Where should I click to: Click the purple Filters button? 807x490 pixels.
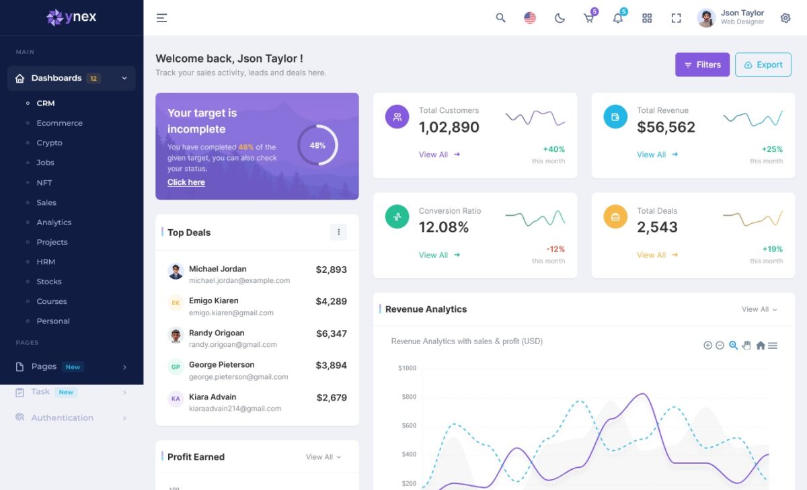point(702,65)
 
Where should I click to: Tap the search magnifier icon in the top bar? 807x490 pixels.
point(500,18)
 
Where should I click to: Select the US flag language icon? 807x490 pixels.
point(530,18)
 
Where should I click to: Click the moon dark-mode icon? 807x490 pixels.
point(560,18)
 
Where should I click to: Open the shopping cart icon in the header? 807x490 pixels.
point(588,18)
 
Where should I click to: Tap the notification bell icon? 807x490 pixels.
point(617,18)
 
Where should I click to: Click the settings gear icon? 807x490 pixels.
point(785,18)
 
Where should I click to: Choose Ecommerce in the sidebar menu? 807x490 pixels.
point(59,123)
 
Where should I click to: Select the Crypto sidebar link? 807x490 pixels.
point(49,142)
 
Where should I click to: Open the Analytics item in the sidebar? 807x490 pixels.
point(54,222)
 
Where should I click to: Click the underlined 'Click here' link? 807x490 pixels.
point(186,182)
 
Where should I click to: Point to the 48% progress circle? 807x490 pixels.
point(317,145)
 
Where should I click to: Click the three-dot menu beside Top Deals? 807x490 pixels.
point(338,232)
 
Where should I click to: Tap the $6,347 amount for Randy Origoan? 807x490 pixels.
point(332,333)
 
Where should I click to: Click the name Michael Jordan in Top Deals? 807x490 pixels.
point(217,269)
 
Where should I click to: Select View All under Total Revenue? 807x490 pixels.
point(651,155)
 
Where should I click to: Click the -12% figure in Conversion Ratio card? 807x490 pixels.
point(555,249)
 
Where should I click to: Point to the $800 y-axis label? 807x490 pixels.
point(407,397)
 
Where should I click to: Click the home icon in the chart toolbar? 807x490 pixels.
point(761,345)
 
